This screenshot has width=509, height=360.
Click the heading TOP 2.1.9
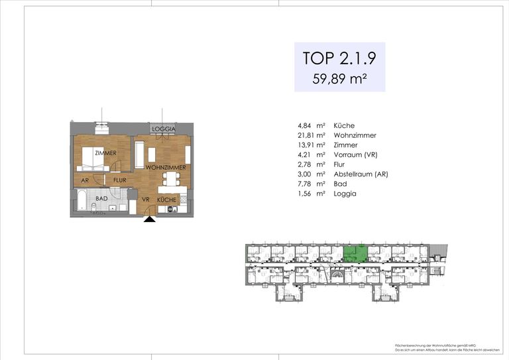click(x=339, y=58)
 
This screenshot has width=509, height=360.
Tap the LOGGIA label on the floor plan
click(x=162, y=129)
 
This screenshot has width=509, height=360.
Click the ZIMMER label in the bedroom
click(x=105, y=153)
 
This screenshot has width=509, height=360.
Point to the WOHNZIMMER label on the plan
click(x=164, y=168)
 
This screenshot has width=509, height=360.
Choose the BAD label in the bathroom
click(x=101, y=198)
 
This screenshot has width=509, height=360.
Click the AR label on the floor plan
click(x=85, y=180)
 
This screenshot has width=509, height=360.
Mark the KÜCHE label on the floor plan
click(x=166, y=199)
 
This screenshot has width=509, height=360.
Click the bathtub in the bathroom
click(x=80, y=202)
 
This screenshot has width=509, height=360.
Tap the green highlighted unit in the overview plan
click(x=356, y=253)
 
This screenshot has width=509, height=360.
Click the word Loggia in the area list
click(x=345, y=194)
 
